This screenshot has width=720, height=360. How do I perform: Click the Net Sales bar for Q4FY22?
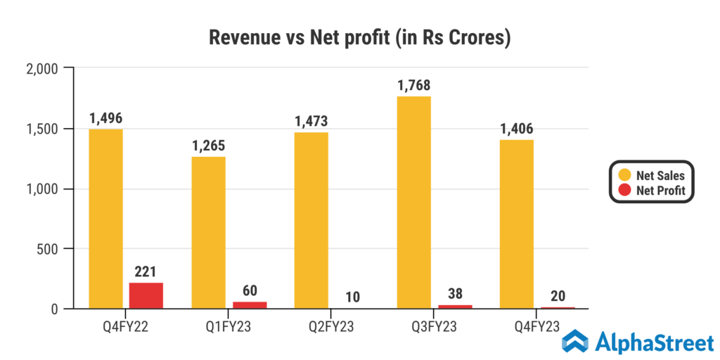click(x=105, y=219)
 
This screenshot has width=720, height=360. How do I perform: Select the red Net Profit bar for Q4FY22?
click(x=146, y=295)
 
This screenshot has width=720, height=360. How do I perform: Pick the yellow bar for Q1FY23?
click(x=208, y=233)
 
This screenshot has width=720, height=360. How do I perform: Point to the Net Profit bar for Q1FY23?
click(x=250, y=304)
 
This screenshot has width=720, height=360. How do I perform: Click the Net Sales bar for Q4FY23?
click(x=517, y=224)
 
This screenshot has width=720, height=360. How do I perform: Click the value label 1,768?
click(x=413, y=86)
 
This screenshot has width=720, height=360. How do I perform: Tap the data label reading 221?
click(x=146, y=271)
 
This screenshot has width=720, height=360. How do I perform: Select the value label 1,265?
click(x=208, y=146)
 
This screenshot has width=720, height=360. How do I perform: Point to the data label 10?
click(x=352, y=296)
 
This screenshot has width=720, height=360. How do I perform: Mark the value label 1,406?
click(x=517, y=129)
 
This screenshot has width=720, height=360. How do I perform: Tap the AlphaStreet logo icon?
click(x=575, y=341)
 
